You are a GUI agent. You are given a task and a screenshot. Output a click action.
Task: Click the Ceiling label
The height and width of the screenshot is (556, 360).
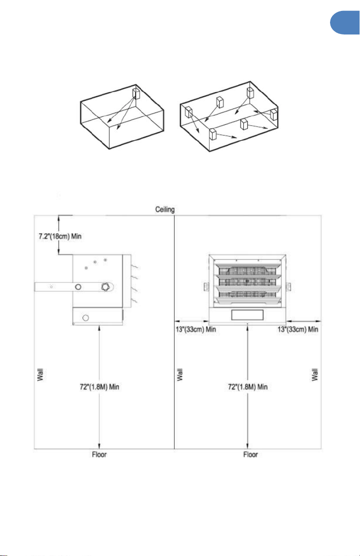point(165,210)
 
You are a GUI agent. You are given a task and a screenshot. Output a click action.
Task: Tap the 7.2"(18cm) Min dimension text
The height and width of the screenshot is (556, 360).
point(60,236)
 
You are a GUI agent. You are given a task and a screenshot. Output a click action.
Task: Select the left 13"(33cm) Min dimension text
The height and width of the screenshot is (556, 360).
point(196,330)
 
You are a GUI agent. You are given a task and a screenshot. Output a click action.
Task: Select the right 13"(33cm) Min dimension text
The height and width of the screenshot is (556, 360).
point(298,330)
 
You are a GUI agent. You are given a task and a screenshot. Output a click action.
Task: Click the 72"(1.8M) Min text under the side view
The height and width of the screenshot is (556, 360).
point(99,387)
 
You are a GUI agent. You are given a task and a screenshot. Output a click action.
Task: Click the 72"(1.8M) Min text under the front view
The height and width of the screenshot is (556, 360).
point(247,387)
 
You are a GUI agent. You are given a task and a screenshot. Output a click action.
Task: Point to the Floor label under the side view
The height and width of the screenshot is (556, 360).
point(99,454)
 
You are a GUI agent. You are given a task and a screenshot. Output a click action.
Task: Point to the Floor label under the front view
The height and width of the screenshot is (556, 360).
point(251,454)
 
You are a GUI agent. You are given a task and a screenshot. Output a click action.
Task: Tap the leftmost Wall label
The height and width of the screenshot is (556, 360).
point(40,374)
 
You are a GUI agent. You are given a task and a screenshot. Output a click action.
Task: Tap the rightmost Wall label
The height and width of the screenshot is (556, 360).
point(315,374)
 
